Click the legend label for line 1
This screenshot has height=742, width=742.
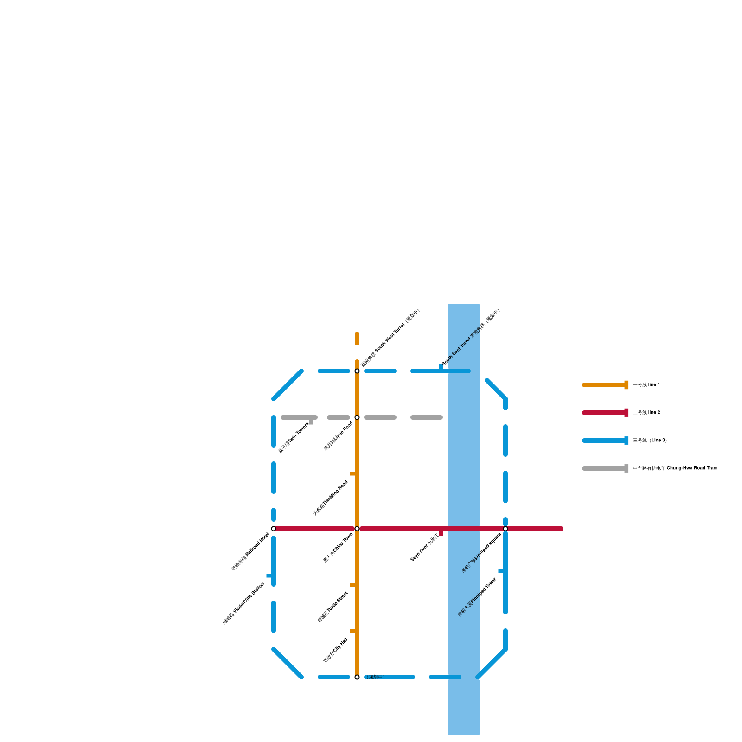click(x=646, y=385)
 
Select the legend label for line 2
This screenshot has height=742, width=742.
click(x=646, y=413)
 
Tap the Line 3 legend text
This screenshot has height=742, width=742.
click(x=650, y=441)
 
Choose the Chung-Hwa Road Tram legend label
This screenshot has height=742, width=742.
click(x=675, y=468)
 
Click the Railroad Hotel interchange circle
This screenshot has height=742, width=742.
click(x=274, y=529)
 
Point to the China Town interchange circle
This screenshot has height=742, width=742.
click(x=357, y=529)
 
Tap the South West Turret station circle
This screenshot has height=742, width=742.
click(x=357, y=371)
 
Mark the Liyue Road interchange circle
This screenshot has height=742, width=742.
click(x=357, y=417)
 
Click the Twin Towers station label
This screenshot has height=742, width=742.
click(x=293, y=438)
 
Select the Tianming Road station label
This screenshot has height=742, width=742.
click(x=330, y=498)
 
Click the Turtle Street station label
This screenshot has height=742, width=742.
click(x=333, y=607)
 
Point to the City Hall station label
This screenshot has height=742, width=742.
click(x=335, y=650)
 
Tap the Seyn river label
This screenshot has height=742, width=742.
click(x=424, y=548)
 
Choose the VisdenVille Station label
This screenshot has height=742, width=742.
click(x=243, y=603)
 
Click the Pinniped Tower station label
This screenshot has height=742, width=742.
click(x=477, y=597)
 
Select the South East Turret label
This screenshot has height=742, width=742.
click(x=471, y=337)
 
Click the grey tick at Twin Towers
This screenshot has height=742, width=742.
click(x=311, y=422)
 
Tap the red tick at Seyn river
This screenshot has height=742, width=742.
click(x=441, y=533)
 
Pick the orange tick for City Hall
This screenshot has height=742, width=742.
click(x=352, y=631)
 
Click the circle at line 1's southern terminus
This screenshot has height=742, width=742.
click(x=357, y=677)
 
